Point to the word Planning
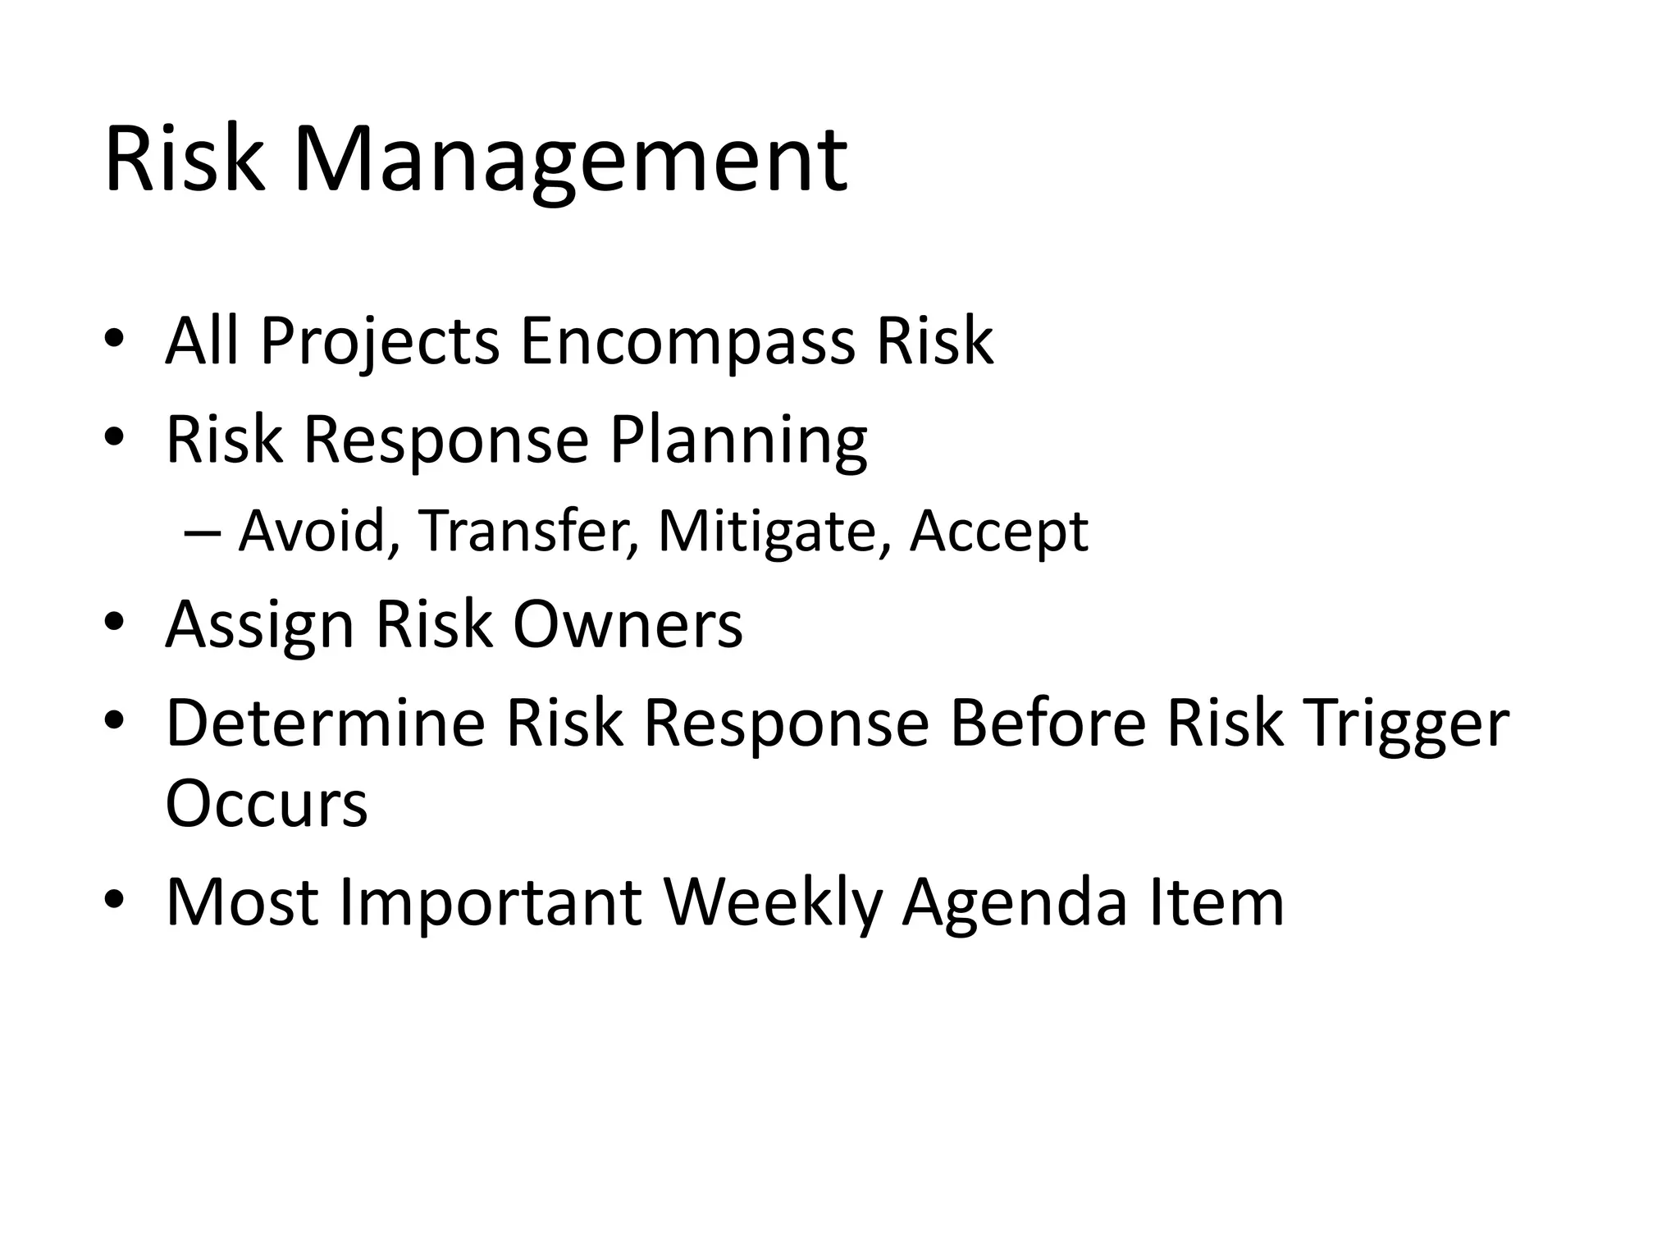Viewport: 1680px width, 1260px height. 738,441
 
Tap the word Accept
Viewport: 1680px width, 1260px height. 998,531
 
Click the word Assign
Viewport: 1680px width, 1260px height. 260,625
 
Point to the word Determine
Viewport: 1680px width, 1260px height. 326,723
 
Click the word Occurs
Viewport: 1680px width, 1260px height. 266,804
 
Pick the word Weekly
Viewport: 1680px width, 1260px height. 773,902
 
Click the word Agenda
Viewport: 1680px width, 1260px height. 1014,902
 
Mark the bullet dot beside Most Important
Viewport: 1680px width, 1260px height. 114,901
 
